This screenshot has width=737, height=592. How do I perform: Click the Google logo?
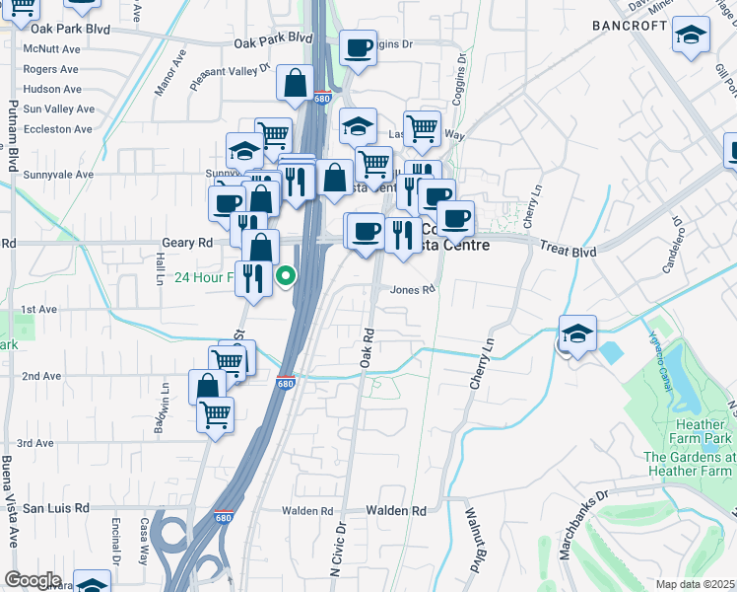pyautogui.click(x=32, y=580)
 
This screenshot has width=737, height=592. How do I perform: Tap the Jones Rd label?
pyautogui.click(x=412, y=290)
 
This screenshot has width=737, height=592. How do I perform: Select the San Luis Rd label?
pyautogui.click(x=56, y=508)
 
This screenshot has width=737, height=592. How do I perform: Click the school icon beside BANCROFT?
pyautogui.click(x=692, y=35)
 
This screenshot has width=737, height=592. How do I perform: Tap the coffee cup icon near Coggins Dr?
pyautogui.click(x=359, y=46)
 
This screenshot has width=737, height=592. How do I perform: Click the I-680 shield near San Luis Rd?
pyautogui.click(x=224, y=516)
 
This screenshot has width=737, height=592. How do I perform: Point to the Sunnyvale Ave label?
pyautogui.click(x=58, y=175)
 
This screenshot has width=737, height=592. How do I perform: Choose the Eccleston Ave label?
pyautogui.click(x=58, y=129)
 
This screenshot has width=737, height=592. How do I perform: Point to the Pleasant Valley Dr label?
pyautogui.click(x=230, y=76)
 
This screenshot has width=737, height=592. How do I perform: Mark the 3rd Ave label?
pyautogui.click(x=34, y=444)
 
